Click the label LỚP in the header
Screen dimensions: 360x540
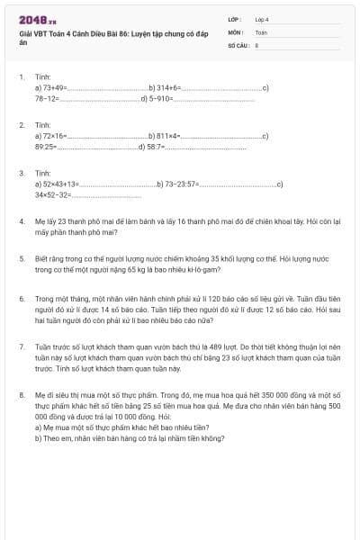[234, 18]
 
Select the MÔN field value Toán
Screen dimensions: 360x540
[261, 31]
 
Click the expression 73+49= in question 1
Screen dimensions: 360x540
[50, 88]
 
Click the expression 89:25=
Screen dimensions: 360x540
[46, 145]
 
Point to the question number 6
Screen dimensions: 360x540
[21, 297]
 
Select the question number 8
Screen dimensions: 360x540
[21, 392]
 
